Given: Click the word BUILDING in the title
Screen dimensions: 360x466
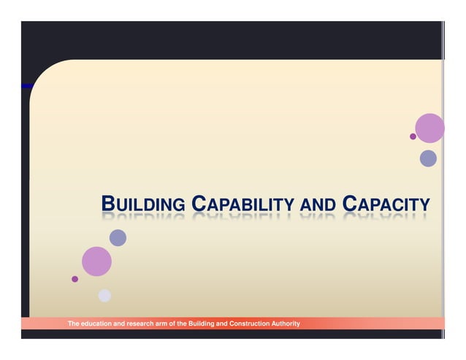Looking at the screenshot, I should [142, 205].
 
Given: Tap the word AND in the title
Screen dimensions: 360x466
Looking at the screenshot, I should [318, 205].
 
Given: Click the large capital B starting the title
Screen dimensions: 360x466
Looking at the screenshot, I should [107, 204].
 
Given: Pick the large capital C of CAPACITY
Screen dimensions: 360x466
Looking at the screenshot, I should [348, 204].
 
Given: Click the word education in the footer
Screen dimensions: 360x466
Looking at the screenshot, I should [99, 323].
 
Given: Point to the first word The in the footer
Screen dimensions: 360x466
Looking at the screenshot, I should [74, 323].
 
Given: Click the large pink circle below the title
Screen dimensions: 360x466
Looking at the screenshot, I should [96, 261].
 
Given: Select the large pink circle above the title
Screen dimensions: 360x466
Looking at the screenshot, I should [429, 128].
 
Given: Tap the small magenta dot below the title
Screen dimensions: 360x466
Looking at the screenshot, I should [75, 279].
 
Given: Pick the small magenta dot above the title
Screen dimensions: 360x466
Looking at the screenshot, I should [413, 137].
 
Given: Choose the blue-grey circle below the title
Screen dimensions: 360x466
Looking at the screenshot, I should [118, 237].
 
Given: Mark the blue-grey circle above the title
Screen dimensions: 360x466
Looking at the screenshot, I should [428, 158].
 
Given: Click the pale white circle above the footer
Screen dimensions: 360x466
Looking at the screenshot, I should [104, 295].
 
